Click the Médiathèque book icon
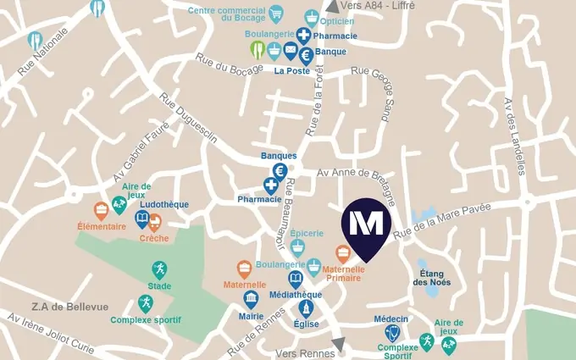295,279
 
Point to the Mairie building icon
251,299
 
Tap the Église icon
306,307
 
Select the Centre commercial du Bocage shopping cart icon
275,14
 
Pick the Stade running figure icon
159,270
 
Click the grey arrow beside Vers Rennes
339,344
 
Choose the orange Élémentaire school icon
101,210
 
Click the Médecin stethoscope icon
391,332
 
